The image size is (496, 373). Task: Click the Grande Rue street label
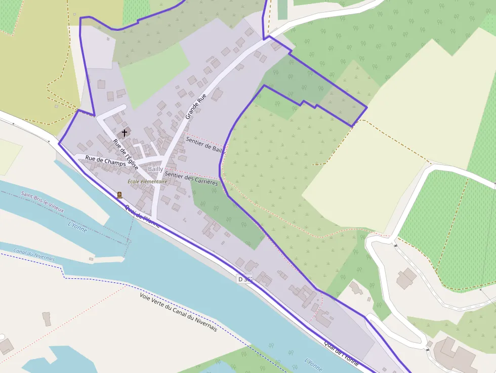coord(196,106)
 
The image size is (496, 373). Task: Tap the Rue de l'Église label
coord(126,154)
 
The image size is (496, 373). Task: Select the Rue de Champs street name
coord(105,160)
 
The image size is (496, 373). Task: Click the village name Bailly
coord(155,169)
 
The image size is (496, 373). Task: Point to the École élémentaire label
coord(147,181)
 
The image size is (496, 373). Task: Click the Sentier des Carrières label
coord(191,179)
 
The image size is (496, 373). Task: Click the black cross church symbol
coord(125,133)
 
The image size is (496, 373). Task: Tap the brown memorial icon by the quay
coord(119,195)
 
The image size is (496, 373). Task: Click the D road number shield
coord(244,279)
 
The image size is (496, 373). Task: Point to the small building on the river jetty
coord(91,259)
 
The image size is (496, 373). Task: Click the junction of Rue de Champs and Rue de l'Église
coord(137,165)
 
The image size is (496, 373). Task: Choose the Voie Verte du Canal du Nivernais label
coord(178,312)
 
